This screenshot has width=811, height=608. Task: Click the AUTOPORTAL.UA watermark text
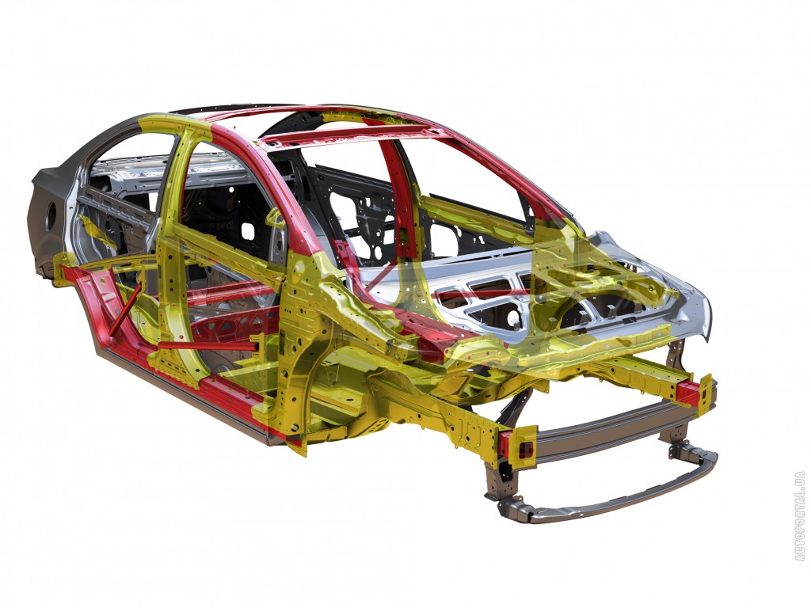point(800,516)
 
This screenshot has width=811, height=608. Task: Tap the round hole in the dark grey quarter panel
point(51,217)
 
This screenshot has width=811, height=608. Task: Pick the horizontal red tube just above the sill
point(207,345)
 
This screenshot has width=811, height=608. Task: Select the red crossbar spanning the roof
point(347,133)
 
